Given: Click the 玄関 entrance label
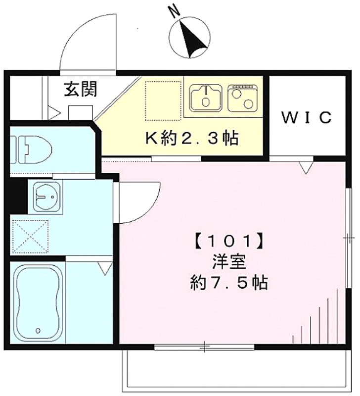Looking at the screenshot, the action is click(80, 89).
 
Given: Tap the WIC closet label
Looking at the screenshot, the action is click(306, 117).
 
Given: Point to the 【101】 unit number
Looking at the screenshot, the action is click(229, 242).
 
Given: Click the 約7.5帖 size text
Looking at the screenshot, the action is click(229, 282).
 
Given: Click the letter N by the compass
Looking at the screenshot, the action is click(175, 11).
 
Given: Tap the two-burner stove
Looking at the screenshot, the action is click(243, 98).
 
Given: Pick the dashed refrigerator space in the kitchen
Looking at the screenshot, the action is click(163, 100).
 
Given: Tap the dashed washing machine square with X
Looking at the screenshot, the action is click(30, 237).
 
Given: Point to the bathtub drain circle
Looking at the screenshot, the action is click(38, 330).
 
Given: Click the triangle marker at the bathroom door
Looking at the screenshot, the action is click(105, 268).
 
